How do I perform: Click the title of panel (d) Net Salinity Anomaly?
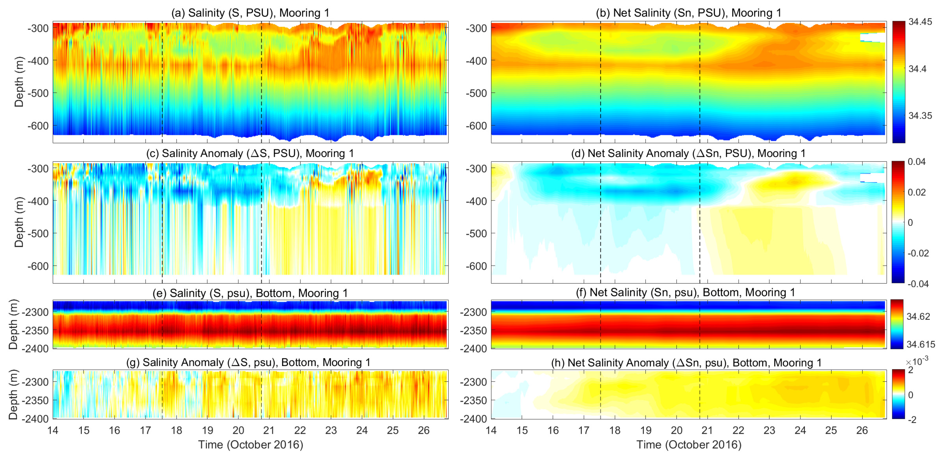point(688,153)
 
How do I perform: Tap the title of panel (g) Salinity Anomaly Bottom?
point(248,362)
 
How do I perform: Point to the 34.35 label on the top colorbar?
point(920,116)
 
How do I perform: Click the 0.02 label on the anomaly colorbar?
point(916,192)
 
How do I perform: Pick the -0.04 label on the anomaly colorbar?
point(918,284)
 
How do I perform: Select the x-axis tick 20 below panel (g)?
point(238,430)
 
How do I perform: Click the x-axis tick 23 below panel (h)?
point(769,430)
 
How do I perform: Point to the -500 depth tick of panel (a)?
point(38,93)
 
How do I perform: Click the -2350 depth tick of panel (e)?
point(35,331)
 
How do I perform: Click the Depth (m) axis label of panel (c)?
point(19,222)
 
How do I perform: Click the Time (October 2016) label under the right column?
point(688,445)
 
